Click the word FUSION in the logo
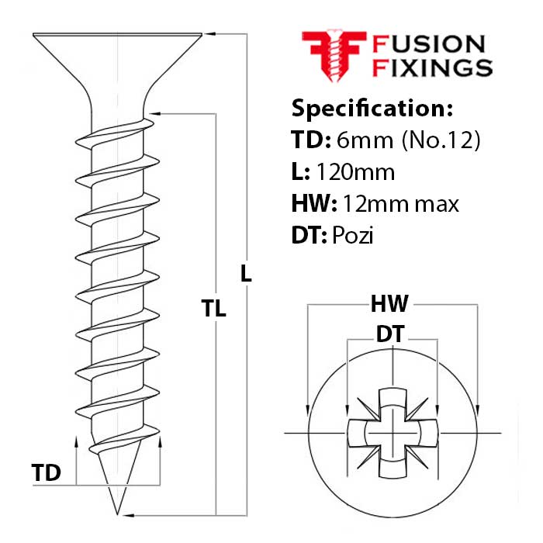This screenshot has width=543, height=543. [428, 43]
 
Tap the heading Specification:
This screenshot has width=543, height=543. [372, 107]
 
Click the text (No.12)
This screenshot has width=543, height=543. [441, 140]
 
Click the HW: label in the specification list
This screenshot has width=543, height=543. [313, 204]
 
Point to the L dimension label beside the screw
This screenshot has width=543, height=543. [246, 273]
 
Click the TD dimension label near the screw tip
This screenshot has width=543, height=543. [47, 472]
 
